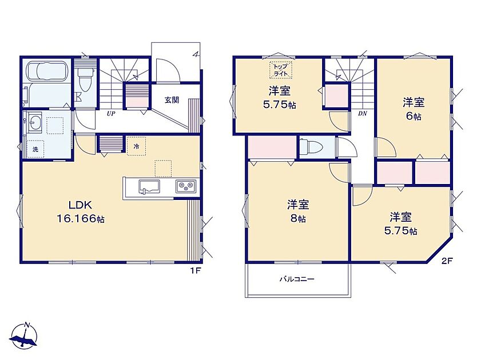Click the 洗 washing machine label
(35, 150)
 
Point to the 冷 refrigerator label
(136, 146)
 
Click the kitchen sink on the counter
(149, 187)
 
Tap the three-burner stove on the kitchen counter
(185, 186)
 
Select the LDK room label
(80, 205)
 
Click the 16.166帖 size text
(81, 219)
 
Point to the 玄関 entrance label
(172, 100)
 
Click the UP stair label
(111, 114)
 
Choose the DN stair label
(363, 114)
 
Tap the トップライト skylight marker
(281, 70)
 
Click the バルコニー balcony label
(297, 279)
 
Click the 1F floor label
(196, 271)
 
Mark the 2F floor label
(447, 261)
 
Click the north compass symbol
(24, 336)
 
